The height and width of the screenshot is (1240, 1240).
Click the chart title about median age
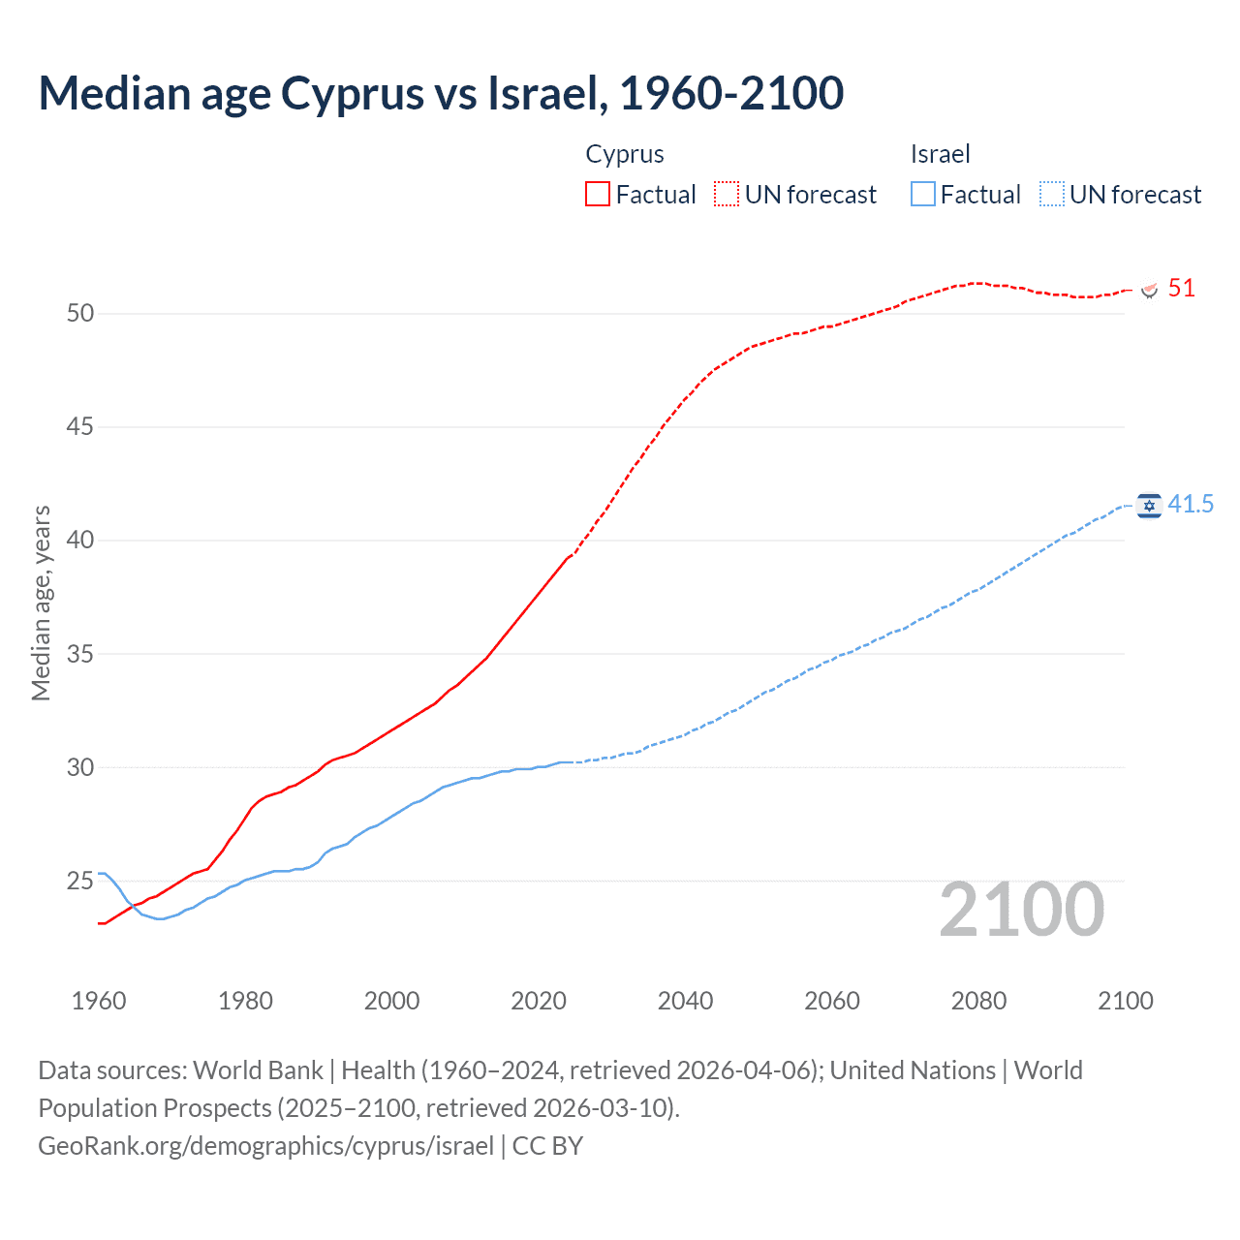[441, 94]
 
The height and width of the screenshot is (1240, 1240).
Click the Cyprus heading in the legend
[625, 154]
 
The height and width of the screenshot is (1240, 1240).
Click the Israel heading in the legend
[940, 154]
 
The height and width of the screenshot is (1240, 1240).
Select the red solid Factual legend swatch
[598, 194]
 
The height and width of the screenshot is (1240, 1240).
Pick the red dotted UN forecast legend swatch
[727, 194]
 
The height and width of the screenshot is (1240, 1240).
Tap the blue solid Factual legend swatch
[923, 194]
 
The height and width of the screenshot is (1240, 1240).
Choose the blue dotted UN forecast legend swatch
[1052, 194]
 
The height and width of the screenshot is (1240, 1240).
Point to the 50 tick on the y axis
[80, 313]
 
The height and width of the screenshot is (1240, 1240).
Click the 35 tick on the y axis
[80, 654]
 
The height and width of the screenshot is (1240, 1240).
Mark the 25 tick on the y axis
[80, 881]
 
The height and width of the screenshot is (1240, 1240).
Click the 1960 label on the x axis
[99, 1001]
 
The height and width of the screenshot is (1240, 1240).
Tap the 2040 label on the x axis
[685, 1001]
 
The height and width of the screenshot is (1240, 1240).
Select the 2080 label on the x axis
[978, 1001]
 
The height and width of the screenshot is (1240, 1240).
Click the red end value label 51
[1181, 288]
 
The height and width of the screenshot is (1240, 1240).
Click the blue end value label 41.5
[1191, 504]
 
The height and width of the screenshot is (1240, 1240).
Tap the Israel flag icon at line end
[1149, 505]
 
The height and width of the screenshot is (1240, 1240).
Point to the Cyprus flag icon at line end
[1150, 289]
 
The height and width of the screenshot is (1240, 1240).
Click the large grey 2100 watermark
[1021, 909]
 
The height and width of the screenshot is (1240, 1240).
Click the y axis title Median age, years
[41, 603]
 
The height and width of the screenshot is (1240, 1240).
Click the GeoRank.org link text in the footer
[266, 1146]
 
